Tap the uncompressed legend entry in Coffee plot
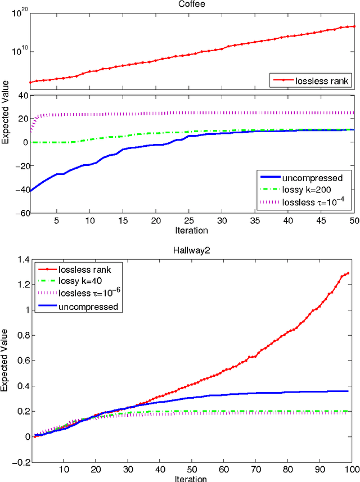tap(318, 178)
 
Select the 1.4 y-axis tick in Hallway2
tap(22, 259)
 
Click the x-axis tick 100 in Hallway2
tap(350, 469)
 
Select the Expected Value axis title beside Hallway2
tap(5, 360)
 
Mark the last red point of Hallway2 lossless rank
tap(348, 273)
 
